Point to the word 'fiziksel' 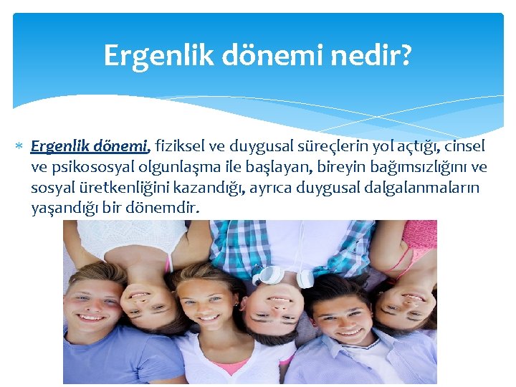tap(180, 146)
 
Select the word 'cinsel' tap(465, 146)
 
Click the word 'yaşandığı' tap(65, 209)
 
